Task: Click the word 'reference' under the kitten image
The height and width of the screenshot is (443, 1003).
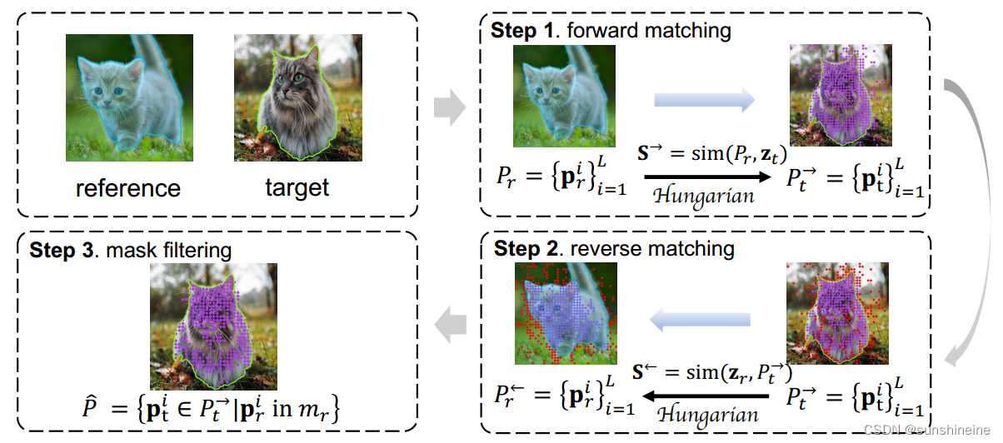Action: [127, 188]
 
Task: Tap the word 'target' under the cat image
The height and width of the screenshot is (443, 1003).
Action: [297, 188]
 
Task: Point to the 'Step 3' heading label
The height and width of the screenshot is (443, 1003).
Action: [59, 249]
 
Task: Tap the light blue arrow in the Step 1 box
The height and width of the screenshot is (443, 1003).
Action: [704, 101]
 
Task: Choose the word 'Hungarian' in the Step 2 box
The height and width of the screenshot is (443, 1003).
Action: [708, 413]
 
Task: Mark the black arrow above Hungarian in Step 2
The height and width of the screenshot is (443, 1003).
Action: [708, 395]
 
